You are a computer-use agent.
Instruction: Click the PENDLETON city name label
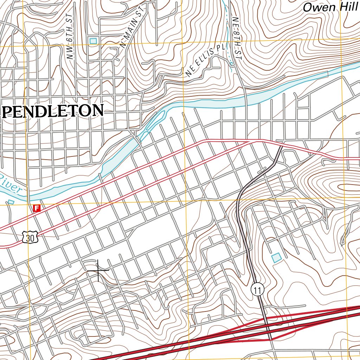tap(53, 111)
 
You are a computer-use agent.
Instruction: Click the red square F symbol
tap(37, 208)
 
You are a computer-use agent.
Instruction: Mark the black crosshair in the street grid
tap(98, 270)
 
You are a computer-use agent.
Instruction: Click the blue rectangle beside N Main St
tap(93, 41)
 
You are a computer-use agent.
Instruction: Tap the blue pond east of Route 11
tap(277, 258)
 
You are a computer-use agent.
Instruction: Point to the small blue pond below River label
tap(11, 202)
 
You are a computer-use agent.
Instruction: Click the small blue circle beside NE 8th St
tap(232, 64)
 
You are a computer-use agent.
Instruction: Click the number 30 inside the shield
tap(30, 238)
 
